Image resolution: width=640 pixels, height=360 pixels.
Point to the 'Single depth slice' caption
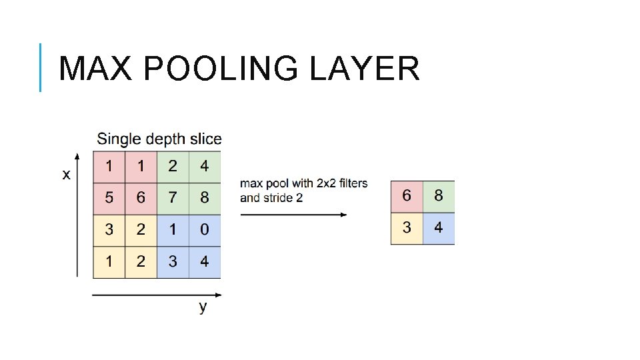click(x=159, y=139)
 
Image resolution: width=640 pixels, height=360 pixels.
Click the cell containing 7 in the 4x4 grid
click(x=173, y=198)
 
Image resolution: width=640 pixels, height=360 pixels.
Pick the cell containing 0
click(x=204, y=230)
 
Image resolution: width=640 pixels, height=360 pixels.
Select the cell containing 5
click(x=109, y=198)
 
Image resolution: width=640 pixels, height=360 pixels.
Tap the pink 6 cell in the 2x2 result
click(x=407, y=197)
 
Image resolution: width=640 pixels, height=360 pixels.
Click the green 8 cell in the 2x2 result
click(x=439, y=197)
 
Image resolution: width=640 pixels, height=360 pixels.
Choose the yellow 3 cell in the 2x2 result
click(x=407, y=229)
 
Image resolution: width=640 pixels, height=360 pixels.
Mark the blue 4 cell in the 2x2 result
click(x=439, y=229)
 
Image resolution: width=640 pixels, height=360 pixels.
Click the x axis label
click(x=66, y=175)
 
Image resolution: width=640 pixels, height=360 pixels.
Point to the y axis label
click(x=203, y=307)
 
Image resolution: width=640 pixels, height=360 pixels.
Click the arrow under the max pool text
click(x=293, y=215)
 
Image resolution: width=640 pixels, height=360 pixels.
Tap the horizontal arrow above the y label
click(x=157, y=294)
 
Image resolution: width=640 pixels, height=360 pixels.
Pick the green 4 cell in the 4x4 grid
click(x=204, y=166)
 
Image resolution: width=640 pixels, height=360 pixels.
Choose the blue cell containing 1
click(x=173, y=230)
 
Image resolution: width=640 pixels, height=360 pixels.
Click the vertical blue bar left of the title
click(x=41, y=67)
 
